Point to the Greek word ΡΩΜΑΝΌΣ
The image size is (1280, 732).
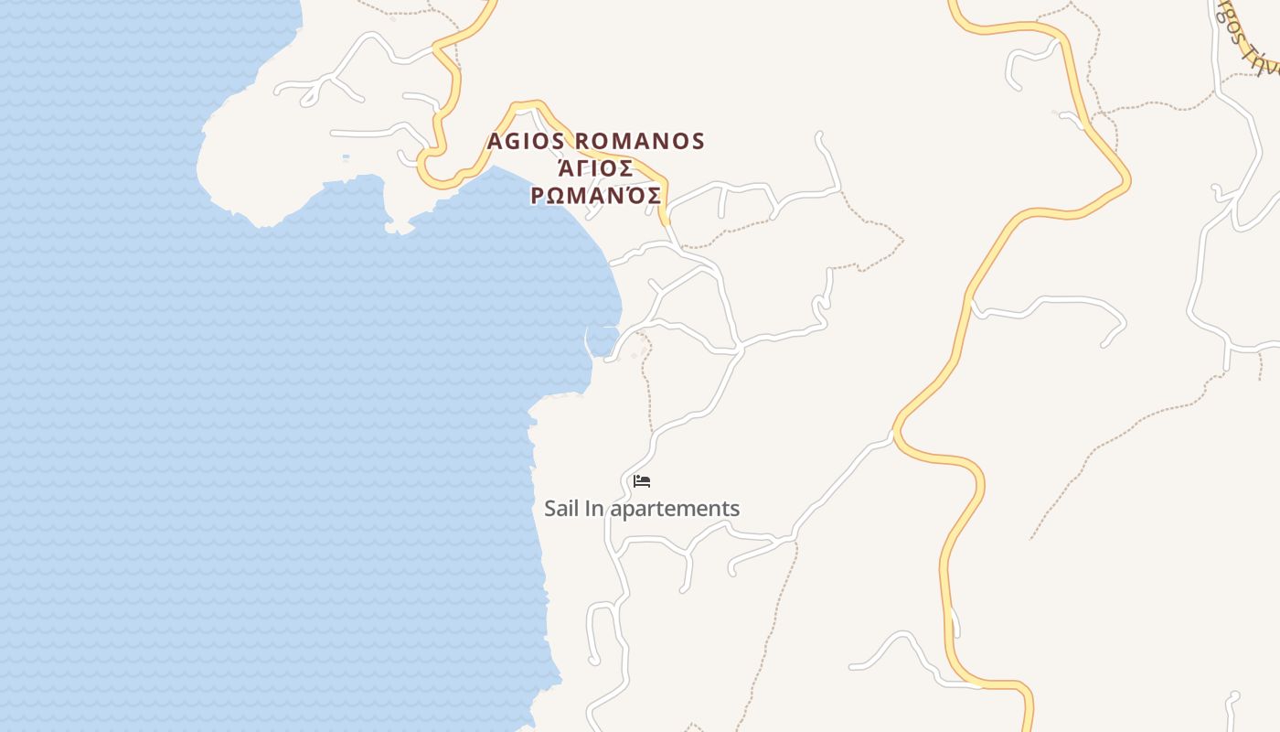[x=596, y=196]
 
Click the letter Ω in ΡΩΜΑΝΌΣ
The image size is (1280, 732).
[x=560, y=196]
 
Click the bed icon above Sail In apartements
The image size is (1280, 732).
[x=642, y=481]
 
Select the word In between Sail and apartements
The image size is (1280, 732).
[x=594, y=509]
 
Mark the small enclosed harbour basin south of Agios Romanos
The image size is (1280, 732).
[x=602, y=340]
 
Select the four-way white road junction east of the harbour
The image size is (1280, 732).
[x=739, y=349]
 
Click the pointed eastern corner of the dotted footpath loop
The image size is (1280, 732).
[x=903, y=241]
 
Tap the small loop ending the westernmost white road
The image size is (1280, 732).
[x=310, y=96]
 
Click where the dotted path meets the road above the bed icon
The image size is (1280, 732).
[x=652, y=431]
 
